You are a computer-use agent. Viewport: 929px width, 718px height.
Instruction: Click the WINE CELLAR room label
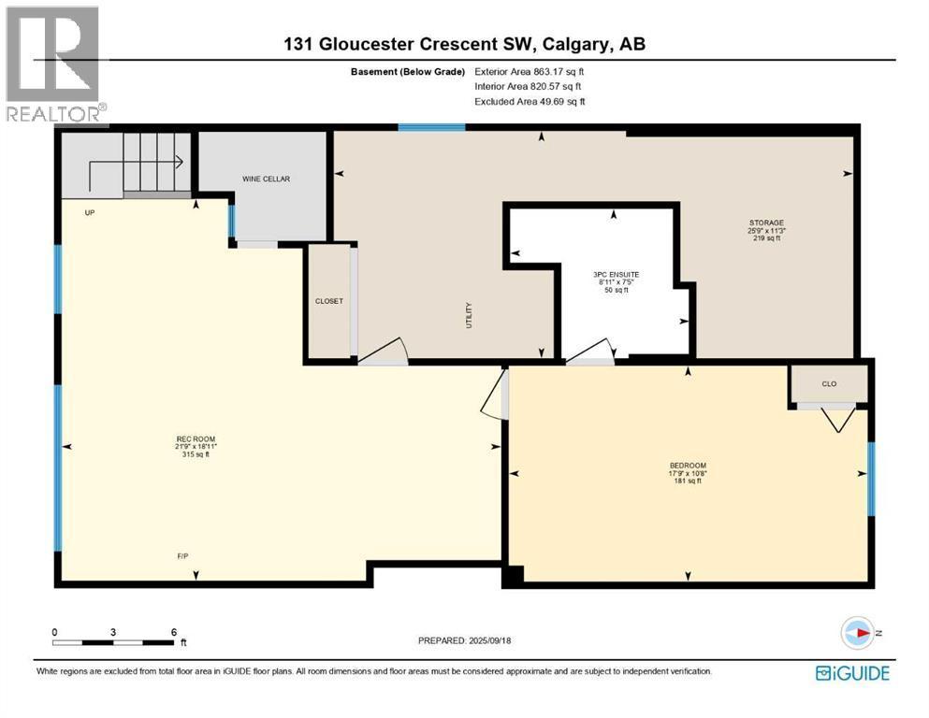(266, 179)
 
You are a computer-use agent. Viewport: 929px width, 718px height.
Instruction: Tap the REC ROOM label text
(196, 439)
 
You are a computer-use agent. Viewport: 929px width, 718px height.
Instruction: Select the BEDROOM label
(688, 466)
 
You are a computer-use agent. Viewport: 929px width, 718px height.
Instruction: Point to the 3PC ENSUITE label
(617, 275)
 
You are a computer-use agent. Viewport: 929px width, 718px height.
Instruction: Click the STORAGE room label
(766, 223)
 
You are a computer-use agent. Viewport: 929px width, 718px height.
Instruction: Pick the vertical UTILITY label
(469, 315)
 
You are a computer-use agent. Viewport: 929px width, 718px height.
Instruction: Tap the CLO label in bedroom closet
(829, 383)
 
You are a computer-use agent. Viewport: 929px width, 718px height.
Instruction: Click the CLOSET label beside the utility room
(328, 301)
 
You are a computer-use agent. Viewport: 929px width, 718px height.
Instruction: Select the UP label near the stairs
(90, 212)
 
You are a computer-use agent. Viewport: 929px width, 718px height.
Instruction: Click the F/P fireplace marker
(182, 556)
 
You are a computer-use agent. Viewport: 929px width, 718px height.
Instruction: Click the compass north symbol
(858, 633)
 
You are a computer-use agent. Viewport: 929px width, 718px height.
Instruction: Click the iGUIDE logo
(852, 673)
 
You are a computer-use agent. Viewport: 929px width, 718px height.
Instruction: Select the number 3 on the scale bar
(113, 632)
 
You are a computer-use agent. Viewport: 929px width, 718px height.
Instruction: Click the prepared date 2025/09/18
(489, 640)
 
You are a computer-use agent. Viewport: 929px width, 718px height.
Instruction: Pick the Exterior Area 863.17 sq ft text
(530, 72)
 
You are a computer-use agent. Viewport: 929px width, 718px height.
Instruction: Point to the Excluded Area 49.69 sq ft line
(530, 101)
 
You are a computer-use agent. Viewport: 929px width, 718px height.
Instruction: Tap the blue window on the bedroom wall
(871, 479)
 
